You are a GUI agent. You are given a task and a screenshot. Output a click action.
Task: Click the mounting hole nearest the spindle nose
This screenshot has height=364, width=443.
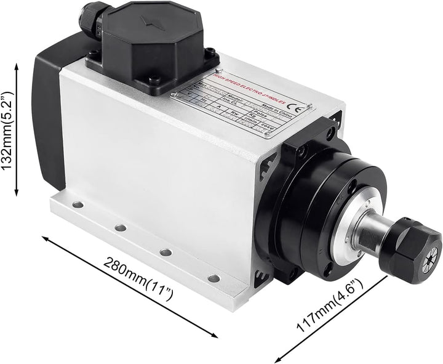[213, 278]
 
